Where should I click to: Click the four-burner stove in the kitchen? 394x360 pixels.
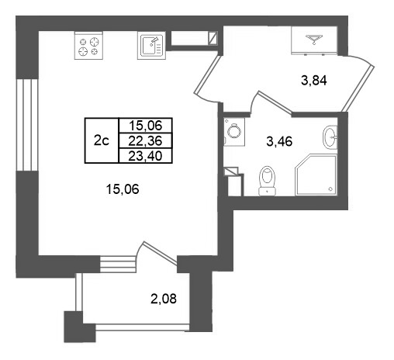coord(88,46)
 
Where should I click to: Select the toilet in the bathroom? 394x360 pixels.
coord(267,181)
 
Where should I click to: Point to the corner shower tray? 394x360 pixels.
coord(316,175)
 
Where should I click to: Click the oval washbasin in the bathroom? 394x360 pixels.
coord(330,137)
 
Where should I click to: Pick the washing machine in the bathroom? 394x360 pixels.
coord(234,132)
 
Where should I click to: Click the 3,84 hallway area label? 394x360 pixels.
coord(314,81)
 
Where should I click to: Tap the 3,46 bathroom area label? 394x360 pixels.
coord(279,141)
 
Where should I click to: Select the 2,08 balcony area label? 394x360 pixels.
coord(164,299)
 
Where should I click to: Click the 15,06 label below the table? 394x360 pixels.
coord(123,189)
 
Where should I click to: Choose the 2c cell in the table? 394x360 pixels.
coord(102,140)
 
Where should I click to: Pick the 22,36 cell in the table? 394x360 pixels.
coord(145,141)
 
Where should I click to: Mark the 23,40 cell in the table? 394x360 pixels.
coord(145,156)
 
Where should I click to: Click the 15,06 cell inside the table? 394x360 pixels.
coord(145,126)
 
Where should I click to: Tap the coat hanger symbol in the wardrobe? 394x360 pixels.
coord(314,39)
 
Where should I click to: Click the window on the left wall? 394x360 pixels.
coord(27,125)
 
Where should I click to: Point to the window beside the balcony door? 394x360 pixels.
coord(118,264)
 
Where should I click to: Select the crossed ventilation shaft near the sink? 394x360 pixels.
coord(213,38)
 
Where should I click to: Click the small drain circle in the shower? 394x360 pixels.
coord(330,189)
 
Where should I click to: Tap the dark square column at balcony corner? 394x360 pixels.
coord(80,327)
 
